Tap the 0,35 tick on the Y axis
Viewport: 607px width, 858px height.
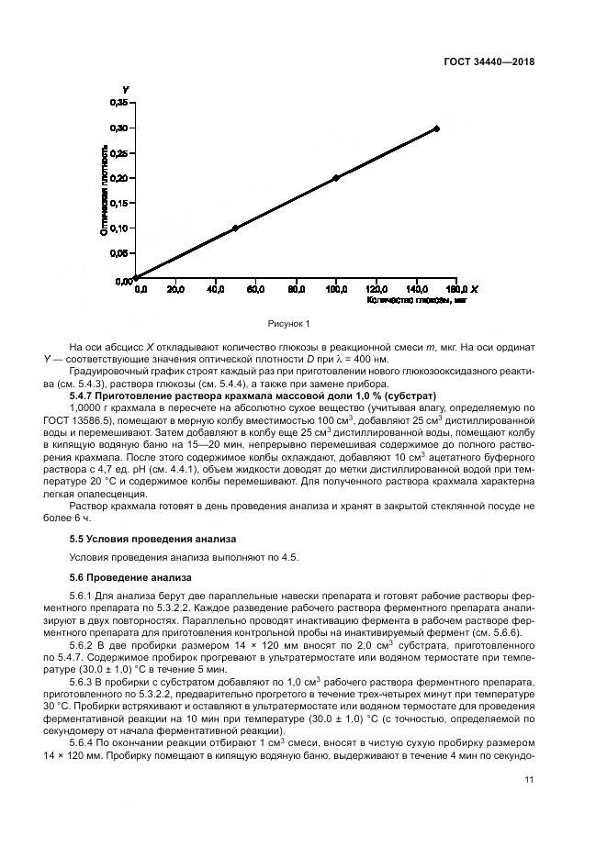coord(119,103)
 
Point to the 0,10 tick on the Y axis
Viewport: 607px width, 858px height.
coord(119,228)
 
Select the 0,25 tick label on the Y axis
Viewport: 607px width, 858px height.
coord(119,152)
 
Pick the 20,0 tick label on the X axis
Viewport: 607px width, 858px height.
coord(174,290)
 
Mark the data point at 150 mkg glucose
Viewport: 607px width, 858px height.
coord(436,128)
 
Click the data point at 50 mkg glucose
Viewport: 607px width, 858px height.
coord(235,228)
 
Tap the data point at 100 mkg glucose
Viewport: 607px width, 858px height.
coord(336,178)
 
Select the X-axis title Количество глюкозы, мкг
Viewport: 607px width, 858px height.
coord(405,300)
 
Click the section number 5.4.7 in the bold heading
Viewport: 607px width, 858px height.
coord(84,395)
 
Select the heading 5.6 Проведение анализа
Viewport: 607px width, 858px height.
coord(130,577)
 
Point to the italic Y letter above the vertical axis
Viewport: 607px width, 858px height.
coord(125,89)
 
